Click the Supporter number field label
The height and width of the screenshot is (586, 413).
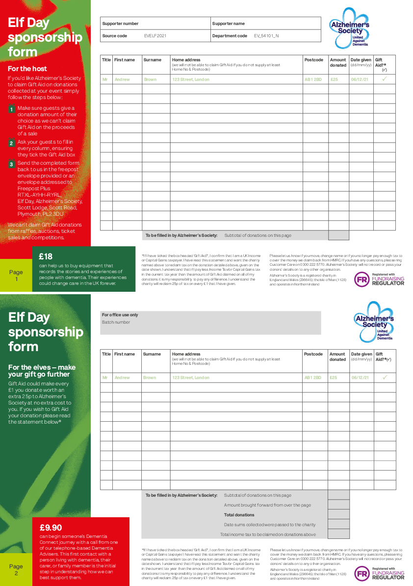coord(120,24)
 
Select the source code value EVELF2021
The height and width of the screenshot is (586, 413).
coord(155,36)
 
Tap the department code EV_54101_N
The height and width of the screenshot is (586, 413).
coord(266,36)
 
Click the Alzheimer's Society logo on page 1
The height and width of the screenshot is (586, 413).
coord(349,27)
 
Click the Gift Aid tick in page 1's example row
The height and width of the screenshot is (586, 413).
coord(385,79)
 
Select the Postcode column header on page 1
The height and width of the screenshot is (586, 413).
coord(313,60)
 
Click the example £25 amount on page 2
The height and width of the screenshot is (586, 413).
coord(334,378)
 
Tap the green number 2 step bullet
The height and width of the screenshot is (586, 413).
coord(11,143)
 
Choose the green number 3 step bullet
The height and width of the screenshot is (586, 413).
coord(11,164)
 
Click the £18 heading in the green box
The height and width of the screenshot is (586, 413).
coord(46,256)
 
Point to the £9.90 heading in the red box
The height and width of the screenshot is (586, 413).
coord(51,528)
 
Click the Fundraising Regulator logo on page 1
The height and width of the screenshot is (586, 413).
coord(380,280)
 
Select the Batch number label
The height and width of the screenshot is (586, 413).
coord(116,322)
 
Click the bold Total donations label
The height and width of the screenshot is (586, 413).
coord(239,515)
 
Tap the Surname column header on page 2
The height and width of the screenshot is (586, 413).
coord(152,354)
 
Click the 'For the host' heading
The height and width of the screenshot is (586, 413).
coord(27,69)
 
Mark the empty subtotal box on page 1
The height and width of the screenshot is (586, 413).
coord(338,235)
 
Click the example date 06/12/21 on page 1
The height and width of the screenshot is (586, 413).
coord(360,79)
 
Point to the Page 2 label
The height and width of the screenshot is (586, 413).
coord(16,570)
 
